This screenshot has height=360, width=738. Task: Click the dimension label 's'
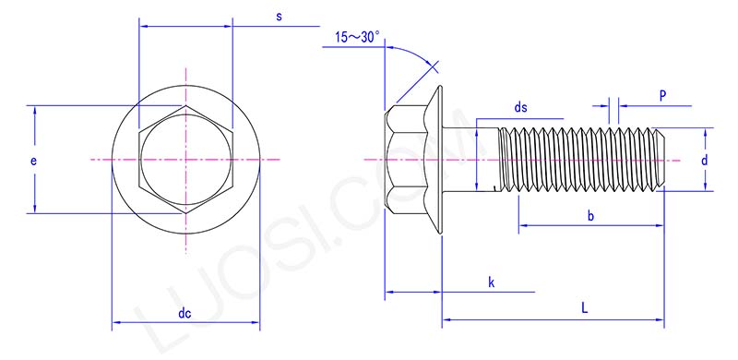(278, 18)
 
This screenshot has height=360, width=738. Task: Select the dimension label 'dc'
(184, 314)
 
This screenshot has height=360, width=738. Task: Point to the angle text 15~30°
(358, 37)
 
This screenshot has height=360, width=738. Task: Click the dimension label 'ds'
(521, 108)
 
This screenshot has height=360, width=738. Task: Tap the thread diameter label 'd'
(704, 160)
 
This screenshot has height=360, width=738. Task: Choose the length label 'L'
(585, 309)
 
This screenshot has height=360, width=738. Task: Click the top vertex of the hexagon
(185, 107)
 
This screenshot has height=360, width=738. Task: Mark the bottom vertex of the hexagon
(185, 214)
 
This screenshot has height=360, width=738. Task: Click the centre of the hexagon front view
(185, 161)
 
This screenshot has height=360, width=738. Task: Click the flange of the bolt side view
(436, 160)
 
